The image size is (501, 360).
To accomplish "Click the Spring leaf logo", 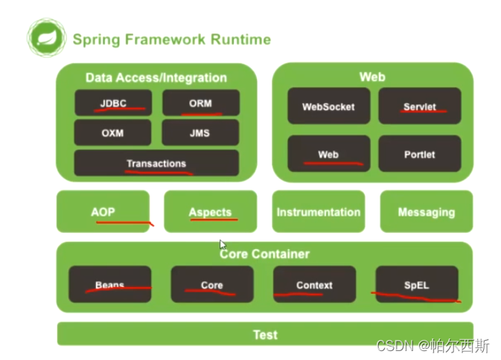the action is click(x=47, y=38).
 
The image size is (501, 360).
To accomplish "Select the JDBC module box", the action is click(x=113, y=103).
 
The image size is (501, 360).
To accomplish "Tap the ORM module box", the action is click(x=201, y=103).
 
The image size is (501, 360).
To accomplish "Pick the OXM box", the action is click(x=113, y=132).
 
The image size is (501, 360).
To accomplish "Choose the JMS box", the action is click(x=200, y=132).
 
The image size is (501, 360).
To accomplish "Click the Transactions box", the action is click(x=156, y=163).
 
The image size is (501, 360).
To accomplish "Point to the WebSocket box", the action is click(x=329, y=106).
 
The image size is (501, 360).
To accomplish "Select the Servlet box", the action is click(x=420, y=106).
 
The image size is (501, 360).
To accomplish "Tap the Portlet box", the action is click(x=420, y=154).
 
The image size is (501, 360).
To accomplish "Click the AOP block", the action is click(x=103, y=211).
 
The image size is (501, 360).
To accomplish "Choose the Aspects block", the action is click(x=210, y=211).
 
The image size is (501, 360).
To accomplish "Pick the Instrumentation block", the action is click(x=319, y=211).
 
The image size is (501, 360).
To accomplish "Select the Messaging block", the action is click(x=427, y=211).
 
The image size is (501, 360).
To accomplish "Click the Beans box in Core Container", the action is click(x=110, y=284).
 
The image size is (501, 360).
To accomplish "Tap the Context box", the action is click(x=314, y=284).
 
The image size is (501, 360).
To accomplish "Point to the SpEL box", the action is click(x=417, y=284).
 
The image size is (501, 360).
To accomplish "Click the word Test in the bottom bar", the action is click(x=265, y=335).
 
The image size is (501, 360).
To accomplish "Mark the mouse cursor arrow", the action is click(x=223, y=245).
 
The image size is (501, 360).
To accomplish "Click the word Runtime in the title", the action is click(x=240, y=39).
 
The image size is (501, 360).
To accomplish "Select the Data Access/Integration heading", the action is click(x=156, y=77).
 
